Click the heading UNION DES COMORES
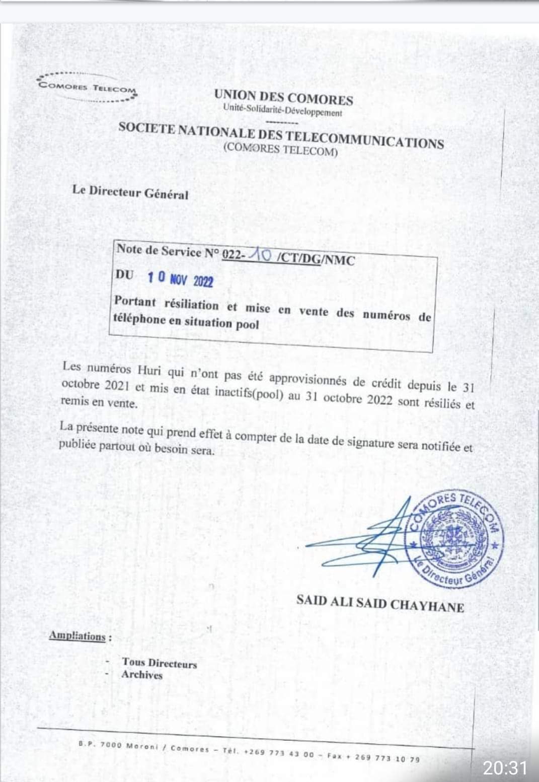coord(283,97)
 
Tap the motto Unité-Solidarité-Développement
coord(282,111)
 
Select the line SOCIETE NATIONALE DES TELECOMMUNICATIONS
coord(281,135)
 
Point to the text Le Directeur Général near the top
coord(130,192)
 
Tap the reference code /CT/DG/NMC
coord(316,259)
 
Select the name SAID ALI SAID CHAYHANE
coord(380,603)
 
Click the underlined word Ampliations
coord(78,635)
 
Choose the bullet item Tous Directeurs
coord(159,663)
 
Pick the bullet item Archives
coord(142,675)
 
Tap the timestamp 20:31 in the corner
coord(505,767)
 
